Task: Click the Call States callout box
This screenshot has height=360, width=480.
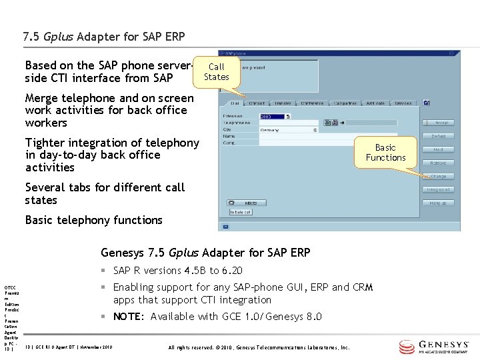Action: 216,71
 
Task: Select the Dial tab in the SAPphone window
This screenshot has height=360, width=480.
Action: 235,103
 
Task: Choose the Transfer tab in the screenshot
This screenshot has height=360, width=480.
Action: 283,103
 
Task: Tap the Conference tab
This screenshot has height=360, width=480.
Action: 312,103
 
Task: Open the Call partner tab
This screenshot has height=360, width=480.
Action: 345,103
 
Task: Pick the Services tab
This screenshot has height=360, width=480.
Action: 403,103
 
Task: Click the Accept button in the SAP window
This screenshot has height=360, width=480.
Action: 438,123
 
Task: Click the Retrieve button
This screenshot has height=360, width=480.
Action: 438,163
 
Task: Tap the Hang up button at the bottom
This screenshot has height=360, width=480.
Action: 438,203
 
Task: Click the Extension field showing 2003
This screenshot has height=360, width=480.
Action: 273,116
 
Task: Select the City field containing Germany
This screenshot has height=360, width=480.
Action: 287,130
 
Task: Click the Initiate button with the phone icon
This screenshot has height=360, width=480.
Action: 246,202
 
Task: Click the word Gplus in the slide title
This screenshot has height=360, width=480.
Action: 59,37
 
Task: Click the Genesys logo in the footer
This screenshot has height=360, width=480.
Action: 436,347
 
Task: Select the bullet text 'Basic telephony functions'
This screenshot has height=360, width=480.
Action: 93,220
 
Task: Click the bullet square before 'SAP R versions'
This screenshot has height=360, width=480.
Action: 104,271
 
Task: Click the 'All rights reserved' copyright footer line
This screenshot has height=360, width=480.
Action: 259,347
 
